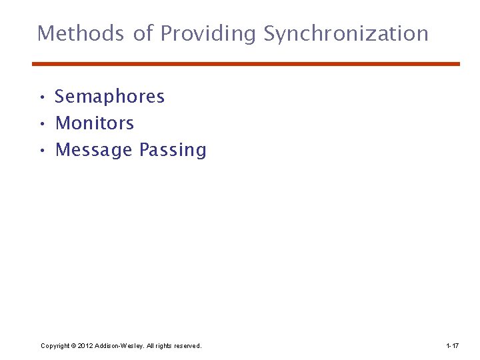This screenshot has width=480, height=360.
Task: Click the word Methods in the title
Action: click(81, 33)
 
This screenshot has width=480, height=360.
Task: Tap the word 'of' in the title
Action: click(143, 33)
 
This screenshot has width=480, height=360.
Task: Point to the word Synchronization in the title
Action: click(346, 33)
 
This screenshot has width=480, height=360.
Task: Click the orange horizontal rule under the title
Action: click(246, 64)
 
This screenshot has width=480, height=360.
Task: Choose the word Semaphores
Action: click(109, 97)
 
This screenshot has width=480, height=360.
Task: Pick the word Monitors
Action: click(95, 123)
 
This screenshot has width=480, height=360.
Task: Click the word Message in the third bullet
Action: click(94, 150)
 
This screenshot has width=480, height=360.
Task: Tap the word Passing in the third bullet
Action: click(173, 150)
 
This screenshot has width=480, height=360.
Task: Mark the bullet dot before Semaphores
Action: click(41, 98)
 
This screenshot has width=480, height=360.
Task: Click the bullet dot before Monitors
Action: click(41, 125)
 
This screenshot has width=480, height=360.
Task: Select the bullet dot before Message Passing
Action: click(41, 151)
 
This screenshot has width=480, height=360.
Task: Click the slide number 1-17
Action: click(452, 346)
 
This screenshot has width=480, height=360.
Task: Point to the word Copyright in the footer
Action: click(55, 346)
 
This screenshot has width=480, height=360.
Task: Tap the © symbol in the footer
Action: click(73, 346)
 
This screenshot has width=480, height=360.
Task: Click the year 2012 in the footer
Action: click(85, 346)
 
